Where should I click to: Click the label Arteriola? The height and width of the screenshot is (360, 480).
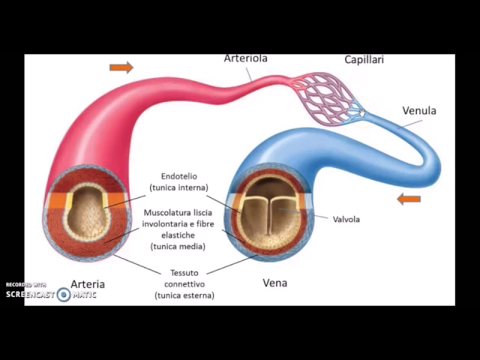coord(245,58)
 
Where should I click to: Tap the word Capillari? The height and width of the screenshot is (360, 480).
coord(364,59)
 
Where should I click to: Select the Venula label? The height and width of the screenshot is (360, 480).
coord(419,111)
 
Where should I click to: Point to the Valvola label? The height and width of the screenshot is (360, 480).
coord(346,219)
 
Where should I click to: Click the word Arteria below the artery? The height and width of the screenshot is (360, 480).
coord(88,284)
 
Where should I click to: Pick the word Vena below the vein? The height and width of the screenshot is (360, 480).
coord(275,283)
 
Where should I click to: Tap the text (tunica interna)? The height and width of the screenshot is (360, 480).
coord(178,187)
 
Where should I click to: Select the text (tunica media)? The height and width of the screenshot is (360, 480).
coord(178,246)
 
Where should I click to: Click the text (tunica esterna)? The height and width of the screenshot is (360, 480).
coord(184,295)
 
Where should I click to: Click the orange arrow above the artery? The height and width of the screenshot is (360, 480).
coord(121,67)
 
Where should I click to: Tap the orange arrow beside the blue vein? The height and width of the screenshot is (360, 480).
coord(409,199)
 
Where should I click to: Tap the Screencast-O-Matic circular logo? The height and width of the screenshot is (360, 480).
coord(64,295)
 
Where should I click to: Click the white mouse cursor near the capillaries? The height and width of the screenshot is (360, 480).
coord(362,113)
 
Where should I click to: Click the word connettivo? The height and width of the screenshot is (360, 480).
coord(184,284)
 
